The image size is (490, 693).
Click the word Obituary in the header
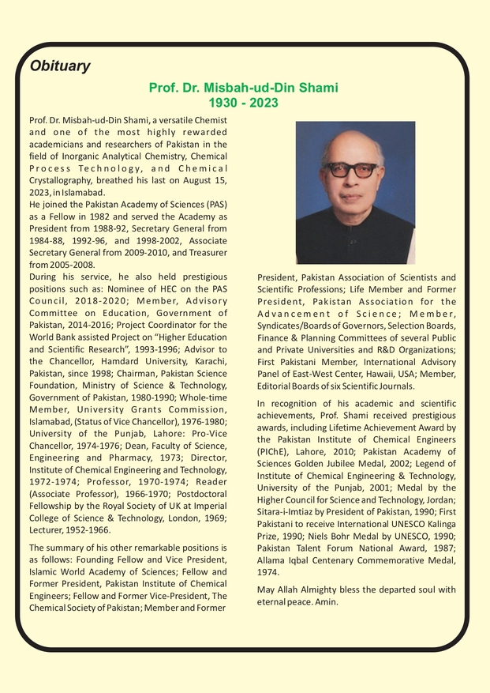tap(60, 66)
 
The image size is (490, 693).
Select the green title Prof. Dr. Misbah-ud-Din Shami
tap(243, 89)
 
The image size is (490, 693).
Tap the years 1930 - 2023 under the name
tap(243, 104)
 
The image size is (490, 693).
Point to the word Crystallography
tap(62, 180)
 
